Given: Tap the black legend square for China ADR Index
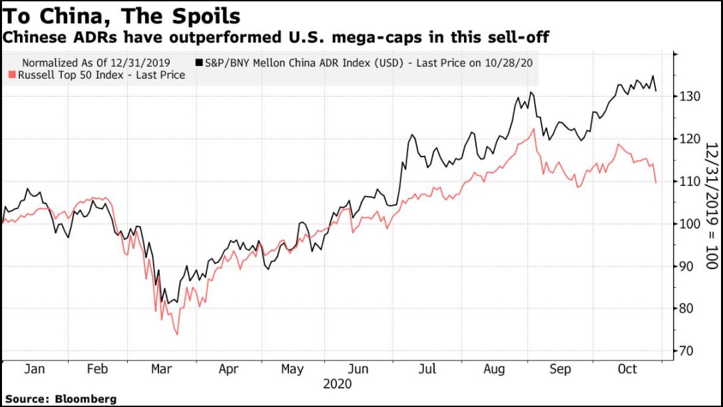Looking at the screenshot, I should pyautogui.click(x=199, y=63).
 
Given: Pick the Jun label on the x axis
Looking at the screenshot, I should pyautogui.click(x=360, y=369).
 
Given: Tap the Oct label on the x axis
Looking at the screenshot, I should pyautogui.click(x=626, y=369).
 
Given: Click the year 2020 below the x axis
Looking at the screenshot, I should pyautogui.click(x=337, y=384).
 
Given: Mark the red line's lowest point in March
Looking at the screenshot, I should pyautogui.click(x=177, y=334).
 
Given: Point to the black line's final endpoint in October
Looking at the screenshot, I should pyautogui.click(x=656, y=91).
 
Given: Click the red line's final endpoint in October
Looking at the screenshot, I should pyautogui.click(x=656, y=182).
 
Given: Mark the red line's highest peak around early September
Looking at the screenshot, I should pyautogui.click(x=534, y=129).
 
